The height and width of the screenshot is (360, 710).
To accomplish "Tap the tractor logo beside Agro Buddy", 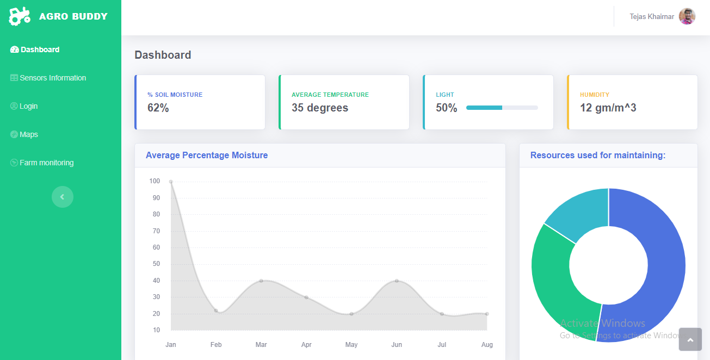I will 20,16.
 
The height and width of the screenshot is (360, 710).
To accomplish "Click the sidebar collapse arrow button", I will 63,197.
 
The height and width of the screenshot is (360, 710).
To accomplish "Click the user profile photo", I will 687,16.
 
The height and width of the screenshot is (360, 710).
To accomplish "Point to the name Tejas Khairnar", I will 652,17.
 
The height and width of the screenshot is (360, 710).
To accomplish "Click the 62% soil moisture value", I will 158,108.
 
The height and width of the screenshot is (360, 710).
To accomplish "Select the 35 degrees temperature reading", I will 320,108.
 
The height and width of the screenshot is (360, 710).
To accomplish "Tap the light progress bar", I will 502,108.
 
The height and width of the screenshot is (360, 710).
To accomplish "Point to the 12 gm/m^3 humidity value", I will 608,108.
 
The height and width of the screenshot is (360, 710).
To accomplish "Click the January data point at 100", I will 171,182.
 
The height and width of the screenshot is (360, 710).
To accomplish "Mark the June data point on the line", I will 397,281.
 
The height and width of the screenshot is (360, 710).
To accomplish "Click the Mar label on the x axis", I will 261,345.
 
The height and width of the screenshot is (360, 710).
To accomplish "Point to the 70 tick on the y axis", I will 156,231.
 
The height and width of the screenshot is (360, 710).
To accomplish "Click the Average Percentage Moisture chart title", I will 207,156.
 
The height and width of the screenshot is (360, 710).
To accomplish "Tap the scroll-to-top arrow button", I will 690,340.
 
